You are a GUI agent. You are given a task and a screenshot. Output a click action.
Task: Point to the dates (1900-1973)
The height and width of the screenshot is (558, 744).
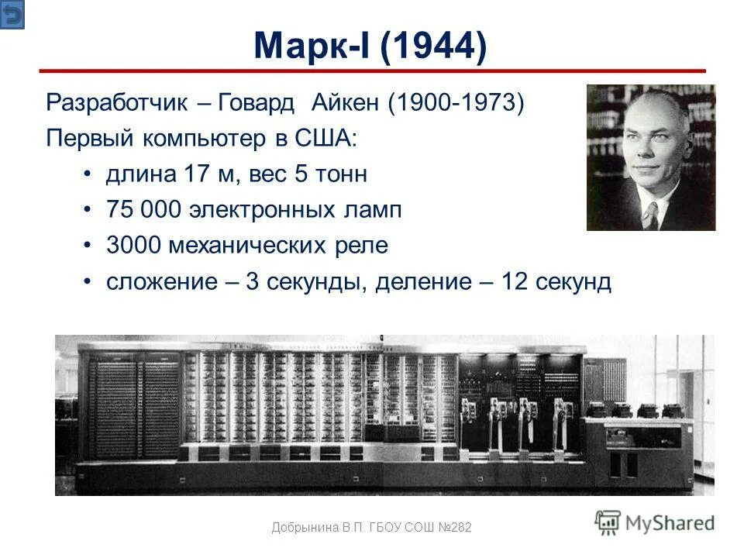[x=456, y=103]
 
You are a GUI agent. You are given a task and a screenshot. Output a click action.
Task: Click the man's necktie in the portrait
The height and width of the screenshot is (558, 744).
[x=650, y=215]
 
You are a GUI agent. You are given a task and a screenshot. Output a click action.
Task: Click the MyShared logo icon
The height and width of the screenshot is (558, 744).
[x=608, y=522]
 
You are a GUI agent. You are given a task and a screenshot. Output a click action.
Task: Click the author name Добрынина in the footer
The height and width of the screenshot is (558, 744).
[x=305, y=528]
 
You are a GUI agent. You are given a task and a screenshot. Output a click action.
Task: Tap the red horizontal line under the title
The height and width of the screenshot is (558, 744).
[x=372, y=71]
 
